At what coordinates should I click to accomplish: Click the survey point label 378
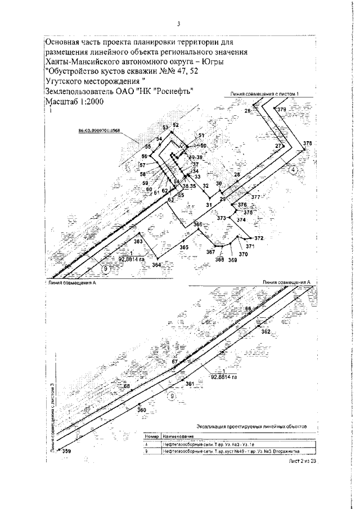(307, 144)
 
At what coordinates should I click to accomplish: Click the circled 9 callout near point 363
(105, 269)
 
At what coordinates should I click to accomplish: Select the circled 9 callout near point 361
(172, 395)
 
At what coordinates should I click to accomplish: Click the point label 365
(184, 247)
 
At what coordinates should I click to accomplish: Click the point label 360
(142, 410)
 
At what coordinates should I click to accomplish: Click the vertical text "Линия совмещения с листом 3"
(52, 417)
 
